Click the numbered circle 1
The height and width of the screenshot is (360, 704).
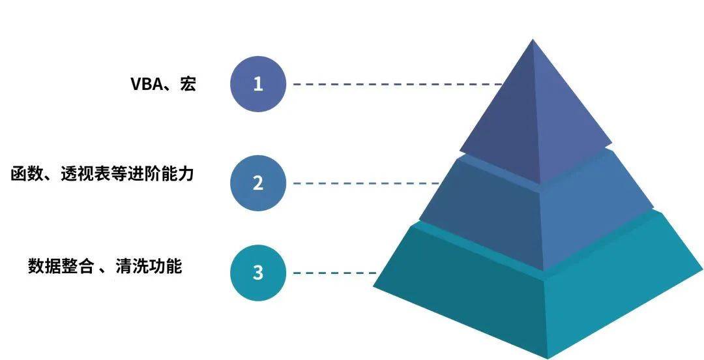(258, 84)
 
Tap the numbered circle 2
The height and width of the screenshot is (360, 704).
(258, 183)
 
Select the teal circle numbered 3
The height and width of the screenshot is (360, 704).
(258, 273)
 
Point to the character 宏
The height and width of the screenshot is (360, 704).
(188, 84)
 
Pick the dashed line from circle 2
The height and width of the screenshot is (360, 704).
(365, 183)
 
